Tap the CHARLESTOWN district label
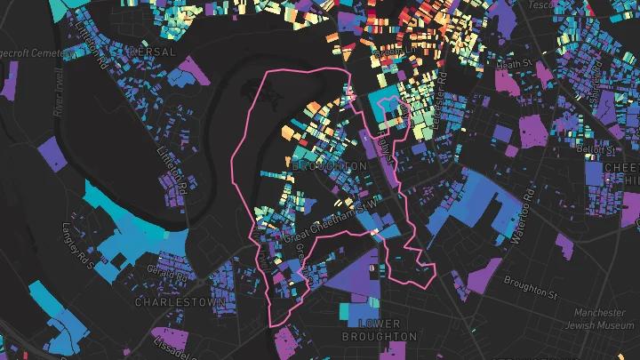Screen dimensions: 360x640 [181, 302]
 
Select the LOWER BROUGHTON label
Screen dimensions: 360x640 [379, 330]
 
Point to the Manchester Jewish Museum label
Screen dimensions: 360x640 [599, 319]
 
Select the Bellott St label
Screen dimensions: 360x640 [589, 148]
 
